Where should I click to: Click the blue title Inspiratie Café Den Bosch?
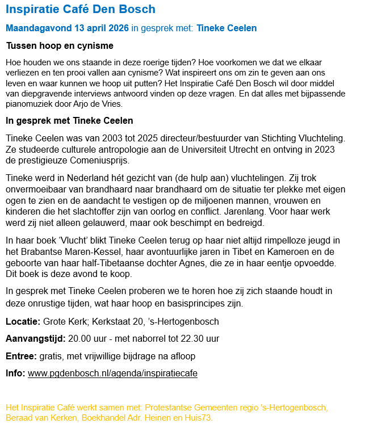click(80, 10)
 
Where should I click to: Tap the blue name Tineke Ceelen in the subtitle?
click(226, 28)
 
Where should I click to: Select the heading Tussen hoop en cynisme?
click(59, 45)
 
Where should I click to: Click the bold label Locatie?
click(23, 322)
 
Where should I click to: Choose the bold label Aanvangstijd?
click(35, 339)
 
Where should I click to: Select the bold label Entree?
click(21, 356)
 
